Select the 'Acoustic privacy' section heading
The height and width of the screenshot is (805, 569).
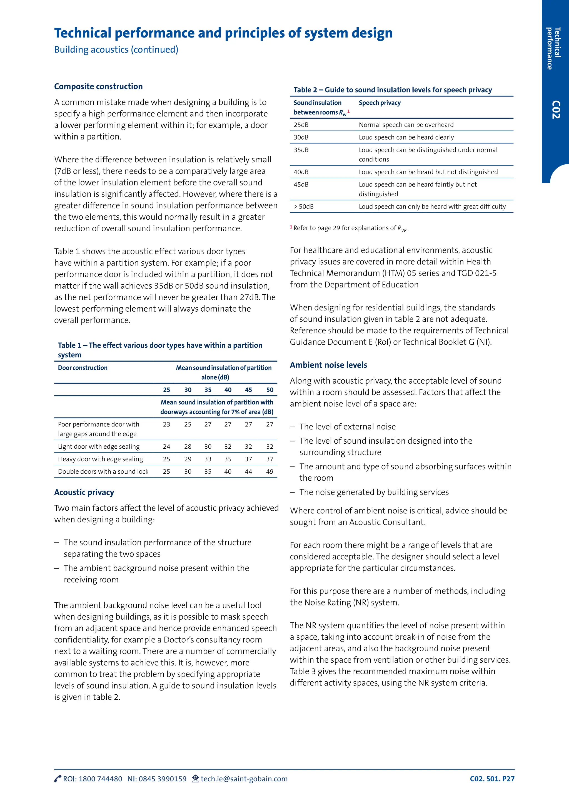click(84, 492)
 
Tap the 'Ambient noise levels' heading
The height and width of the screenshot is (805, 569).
click(328, 365)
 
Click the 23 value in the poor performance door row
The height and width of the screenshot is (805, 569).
click(166, 424)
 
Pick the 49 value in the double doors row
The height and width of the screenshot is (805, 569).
click(269, 471)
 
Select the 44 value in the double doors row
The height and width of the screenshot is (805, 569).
click(248, 471)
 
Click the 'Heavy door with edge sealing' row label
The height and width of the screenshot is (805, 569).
click(100, 459)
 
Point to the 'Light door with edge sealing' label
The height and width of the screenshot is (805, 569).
click(98, 446)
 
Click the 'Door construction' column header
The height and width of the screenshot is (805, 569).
click(83, 367)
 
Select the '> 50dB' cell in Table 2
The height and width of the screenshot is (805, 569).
click(303, 207)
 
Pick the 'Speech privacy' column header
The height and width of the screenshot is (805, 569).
click(380, 103)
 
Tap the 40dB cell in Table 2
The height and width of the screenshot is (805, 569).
click(301, 172)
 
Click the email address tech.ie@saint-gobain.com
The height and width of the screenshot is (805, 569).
click(244, 779)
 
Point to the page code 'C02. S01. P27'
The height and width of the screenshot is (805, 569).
click(492, 779)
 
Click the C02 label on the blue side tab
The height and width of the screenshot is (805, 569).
click(556, 110)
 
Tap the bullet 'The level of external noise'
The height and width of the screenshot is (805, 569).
click(347, 426)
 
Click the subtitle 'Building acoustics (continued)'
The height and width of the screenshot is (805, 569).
click(116, 49)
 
